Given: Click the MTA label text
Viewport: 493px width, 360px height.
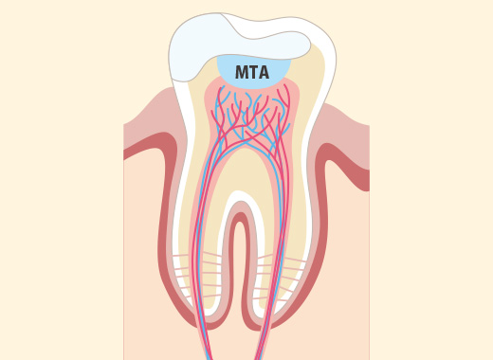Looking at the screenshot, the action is pos(252,73).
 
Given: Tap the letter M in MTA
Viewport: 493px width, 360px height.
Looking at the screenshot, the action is pos(241,73).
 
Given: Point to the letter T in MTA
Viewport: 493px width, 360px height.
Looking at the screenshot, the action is pos(253,73).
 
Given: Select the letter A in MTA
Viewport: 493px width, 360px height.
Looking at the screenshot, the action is pos(264,73).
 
